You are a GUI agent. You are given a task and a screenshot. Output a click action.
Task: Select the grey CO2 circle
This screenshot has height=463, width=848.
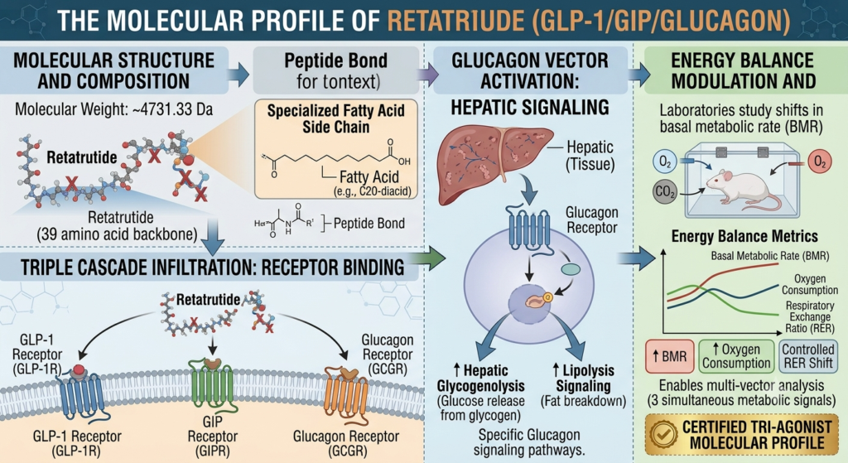coord(665,191)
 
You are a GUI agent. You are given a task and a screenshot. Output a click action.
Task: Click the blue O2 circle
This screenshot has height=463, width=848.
coord(665,162)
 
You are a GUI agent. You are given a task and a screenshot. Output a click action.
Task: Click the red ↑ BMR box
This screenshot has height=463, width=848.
coord(669,356)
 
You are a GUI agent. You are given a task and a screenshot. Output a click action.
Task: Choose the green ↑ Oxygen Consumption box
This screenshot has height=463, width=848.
coord(736,356)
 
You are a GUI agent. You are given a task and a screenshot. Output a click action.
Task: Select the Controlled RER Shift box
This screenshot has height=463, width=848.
coord(808,356)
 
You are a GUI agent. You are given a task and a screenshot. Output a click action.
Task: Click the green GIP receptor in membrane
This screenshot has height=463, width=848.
coord(213,387)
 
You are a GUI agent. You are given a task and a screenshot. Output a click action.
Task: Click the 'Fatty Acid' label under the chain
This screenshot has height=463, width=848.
coord(369,177)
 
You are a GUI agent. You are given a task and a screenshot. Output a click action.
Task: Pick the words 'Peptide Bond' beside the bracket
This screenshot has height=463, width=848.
coord(369,224)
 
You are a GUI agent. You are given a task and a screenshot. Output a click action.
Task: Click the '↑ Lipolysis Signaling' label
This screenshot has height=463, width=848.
coord(583,378)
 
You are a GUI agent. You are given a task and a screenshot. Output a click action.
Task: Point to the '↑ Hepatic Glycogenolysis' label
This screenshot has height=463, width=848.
coord(481,378)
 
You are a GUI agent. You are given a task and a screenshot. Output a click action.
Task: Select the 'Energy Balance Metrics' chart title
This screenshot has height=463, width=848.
coord(744,236)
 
